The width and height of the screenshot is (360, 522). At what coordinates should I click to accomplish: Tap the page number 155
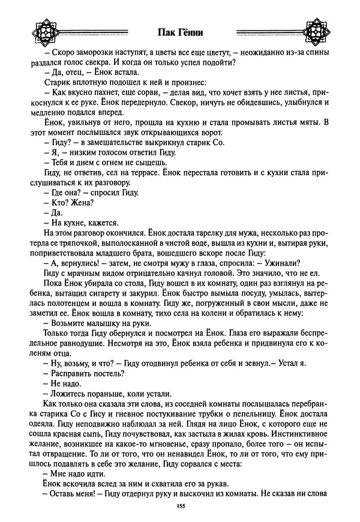(x=180, y=508)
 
